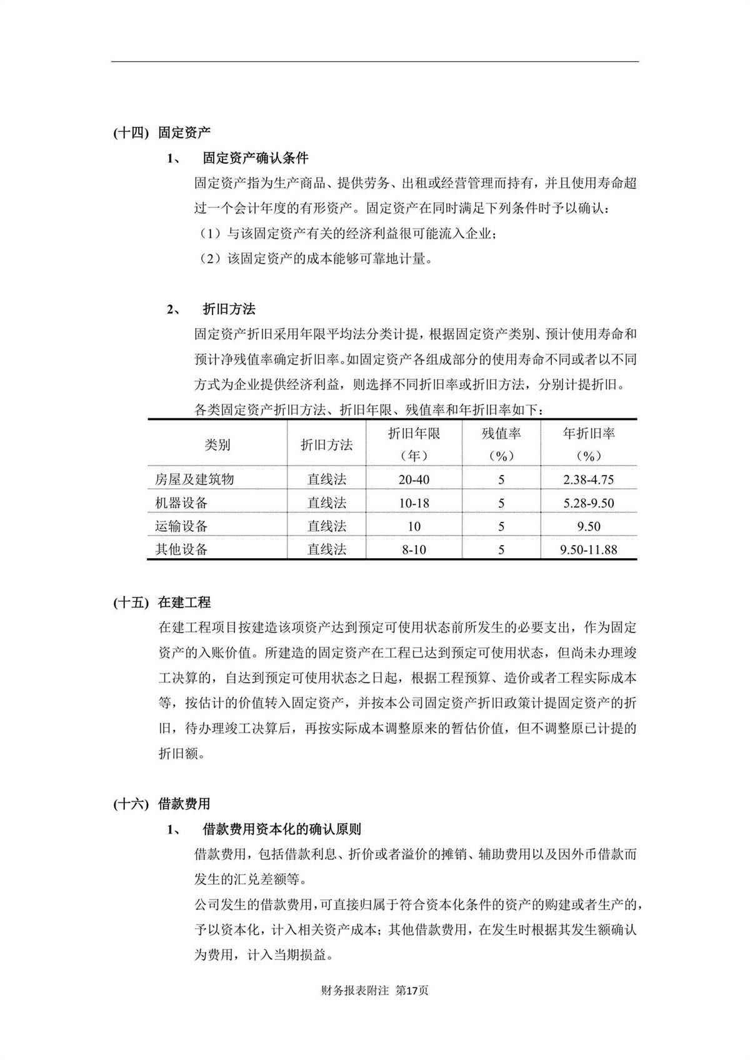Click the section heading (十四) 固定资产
coord(162,132)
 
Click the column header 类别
coord(217,444)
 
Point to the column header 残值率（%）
coord(501,444)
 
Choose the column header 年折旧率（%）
coord(589,444)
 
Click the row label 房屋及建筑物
coord(194,479)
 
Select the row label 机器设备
coord(181,502)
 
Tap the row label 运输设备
coord(181,526)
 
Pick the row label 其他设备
coord(181,549)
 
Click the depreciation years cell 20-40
coord(414,479)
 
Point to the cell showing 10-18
coord(414,502)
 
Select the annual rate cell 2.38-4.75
coord(589,479)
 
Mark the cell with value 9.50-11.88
coord(589,549)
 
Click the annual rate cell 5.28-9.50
coord(589,502)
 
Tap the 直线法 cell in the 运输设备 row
coord(326,526)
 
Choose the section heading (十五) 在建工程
coord(162,602)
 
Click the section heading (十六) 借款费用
coord(162,804)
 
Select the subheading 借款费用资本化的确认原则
coord(281,829)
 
